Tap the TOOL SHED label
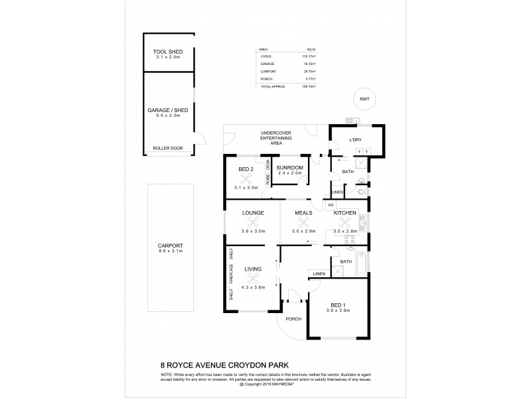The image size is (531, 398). coord(168,51)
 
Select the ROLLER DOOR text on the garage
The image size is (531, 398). coord(167,148)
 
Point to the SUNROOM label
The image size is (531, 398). coord(291,167)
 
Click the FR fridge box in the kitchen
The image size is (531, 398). coord(330,206)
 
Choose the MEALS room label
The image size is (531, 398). coord(305,212)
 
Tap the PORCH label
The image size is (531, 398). coord(293,319)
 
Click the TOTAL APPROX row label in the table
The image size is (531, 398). coord(273,87)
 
